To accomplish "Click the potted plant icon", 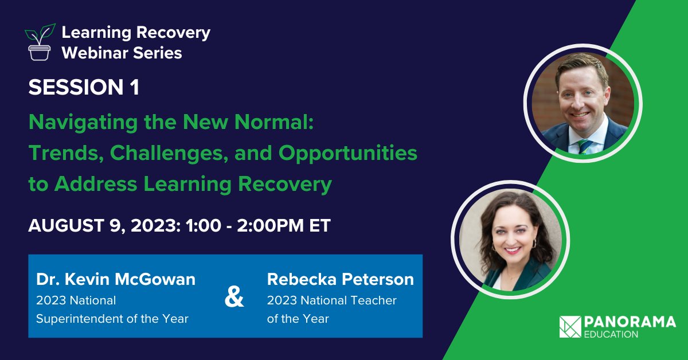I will tap(40, 42).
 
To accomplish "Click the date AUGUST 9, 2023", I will tap(103, 225).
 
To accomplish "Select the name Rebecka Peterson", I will tap(340, 280).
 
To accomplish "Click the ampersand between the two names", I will tap(233, 299).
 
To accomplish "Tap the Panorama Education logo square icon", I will tap(570, 327).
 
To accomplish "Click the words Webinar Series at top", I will tap(122, 53).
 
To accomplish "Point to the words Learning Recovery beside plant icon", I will tap(136, 33).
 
